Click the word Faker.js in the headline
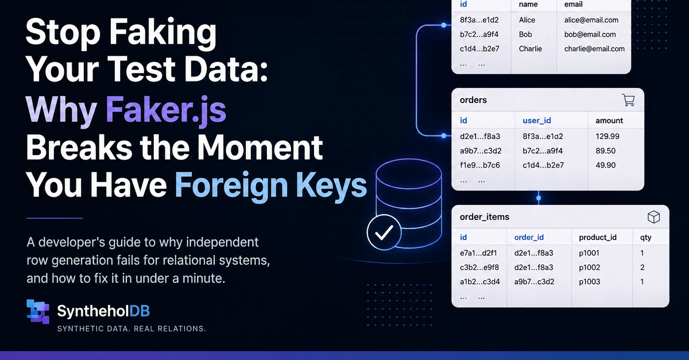[x=166, y=110]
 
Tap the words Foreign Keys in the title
[x=271, y=185]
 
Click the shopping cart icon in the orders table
[x=628, y=100]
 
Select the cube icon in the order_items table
[x=653, y=217]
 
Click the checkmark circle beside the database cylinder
[x=384, y=233]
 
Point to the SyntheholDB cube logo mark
[x=38, y=311]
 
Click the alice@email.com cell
[x=591, y=20]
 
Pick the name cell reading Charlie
[x=531, y=49]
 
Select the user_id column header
[x=537, y=121]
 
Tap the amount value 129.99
[x=607, y=136]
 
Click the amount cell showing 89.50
[x=605, y=151]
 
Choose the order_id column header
[x=529, y=237]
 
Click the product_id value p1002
[x=589, y=268]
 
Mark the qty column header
[x=645, y=238]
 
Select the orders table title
[x=473, y=100]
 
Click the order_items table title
[x=485, y=217]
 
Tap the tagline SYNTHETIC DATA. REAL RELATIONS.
[x=131, y=328]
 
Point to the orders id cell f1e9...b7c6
[x=480, y=165]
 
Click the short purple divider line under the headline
[x=55, y=218]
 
